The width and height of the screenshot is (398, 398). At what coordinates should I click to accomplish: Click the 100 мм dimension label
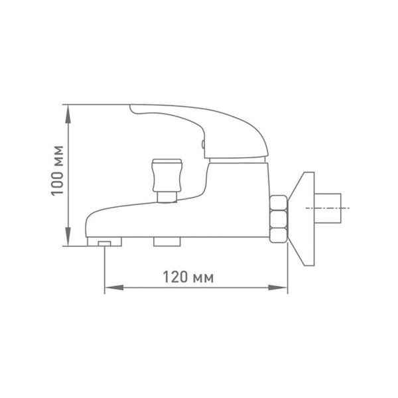coord(57,170)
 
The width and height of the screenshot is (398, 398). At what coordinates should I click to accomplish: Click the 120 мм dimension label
coord(188,277)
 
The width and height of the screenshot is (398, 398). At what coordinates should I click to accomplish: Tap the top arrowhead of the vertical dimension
coord(68,114)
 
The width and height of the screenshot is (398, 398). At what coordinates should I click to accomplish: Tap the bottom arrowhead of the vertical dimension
coord(68,237)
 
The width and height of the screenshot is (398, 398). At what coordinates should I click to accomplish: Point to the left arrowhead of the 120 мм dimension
coord(114,288)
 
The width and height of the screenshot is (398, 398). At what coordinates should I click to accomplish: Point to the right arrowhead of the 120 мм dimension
coord(278,288)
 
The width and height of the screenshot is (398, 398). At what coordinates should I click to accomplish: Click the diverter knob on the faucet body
coord(166,175)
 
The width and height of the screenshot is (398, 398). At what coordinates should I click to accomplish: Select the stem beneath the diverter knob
coord(166,197)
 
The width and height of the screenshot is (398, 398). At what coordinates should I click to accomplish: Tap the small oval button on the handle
coord(203,144)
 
